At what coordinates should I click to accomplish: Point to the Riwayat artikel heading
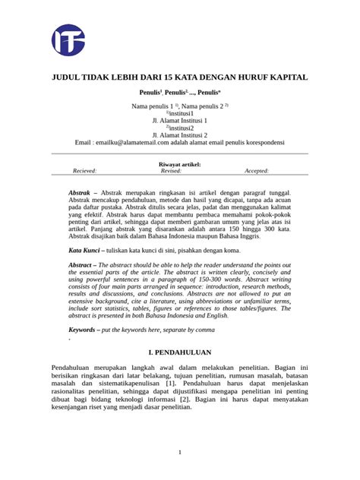point(180,163)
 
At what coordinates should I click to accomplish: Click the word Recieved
point(84,172)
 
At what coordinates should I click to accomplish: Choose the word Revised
point(171,172)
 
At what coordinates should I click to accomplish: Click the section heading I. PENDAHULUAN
point(180,354)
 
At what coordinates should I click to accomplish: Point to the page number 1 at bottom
point(180,453)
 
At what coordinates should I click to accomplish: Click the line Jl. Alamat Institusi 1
point(180,120)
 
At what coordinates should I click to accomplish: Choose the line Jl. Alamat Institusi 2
point(180,134)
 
